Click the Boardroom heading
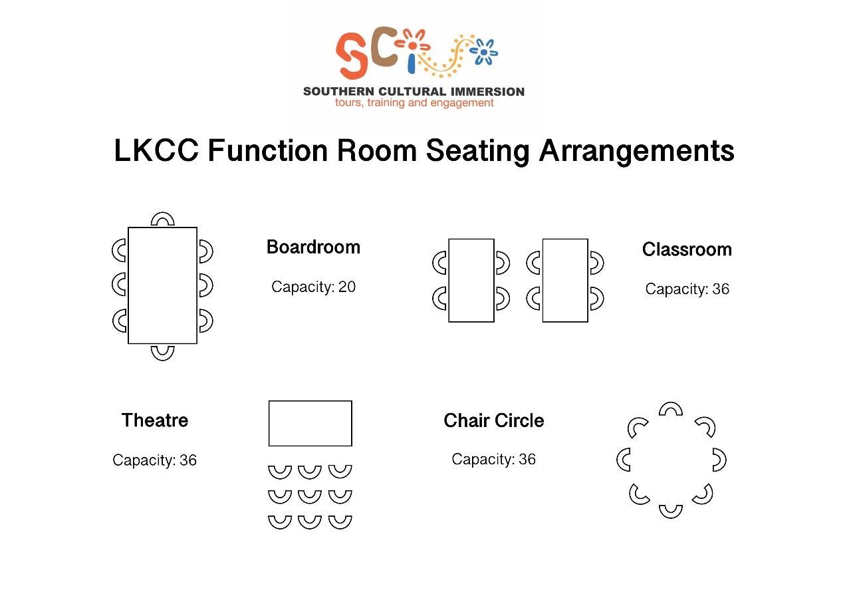pos(313,247)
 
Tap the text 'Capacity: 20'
pos(313,287)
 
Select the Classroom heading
pos(687,249)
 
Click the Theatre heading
pos(155,420)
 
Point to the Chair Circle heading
pos(493,420)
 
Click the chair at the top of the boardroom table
pos(162,219)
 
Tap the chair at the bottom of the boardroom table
pos(162,353)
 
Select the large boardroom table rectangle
pos(162,285)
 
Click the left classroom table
pos(471,280)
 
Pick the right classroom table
pos(565,280)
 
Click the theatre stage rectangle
pos(310,423)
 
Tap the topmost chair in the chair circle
pos(670,408)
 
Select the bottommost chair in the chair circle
pos(670,511)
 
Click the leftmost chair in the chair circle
pos(624,460)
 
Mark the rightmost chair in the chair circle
pos(719,460)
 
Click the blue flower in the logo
pos(485,52)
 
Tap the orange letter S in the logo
pos(352,56)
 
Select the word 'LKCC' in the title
pos(156,151)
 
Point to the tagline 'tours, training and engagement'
pos(414,103)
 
